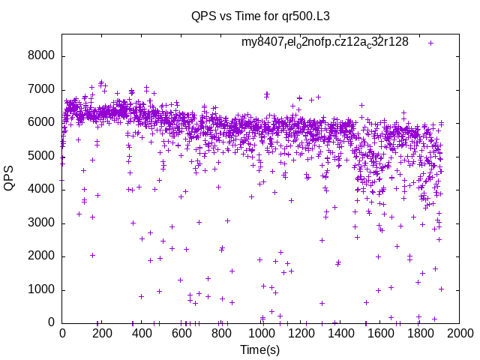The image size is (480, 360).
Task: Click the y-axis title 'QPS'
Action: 10,177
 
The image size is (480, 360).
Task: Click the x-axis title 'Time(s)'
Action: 260,349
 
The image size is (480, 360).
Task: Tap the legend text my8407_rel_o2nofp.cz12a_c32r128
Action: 325,42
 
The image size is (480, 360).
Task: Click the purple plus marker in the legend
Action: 430,43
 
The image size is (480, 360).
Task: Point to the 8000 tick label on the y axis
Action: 41,56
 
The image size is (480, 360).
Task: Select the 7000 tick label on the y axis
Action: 41,90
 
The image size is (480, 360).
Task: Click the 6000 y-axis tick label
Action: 41,123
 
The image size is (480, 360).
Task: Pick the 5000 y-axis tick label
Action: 41,157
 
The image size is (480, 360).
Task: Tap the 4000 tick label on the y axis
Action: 41,190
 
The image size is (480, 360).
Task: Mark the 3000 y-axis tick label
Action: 41,223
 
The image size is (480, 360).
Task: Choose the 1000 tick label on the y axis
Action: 41,290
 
